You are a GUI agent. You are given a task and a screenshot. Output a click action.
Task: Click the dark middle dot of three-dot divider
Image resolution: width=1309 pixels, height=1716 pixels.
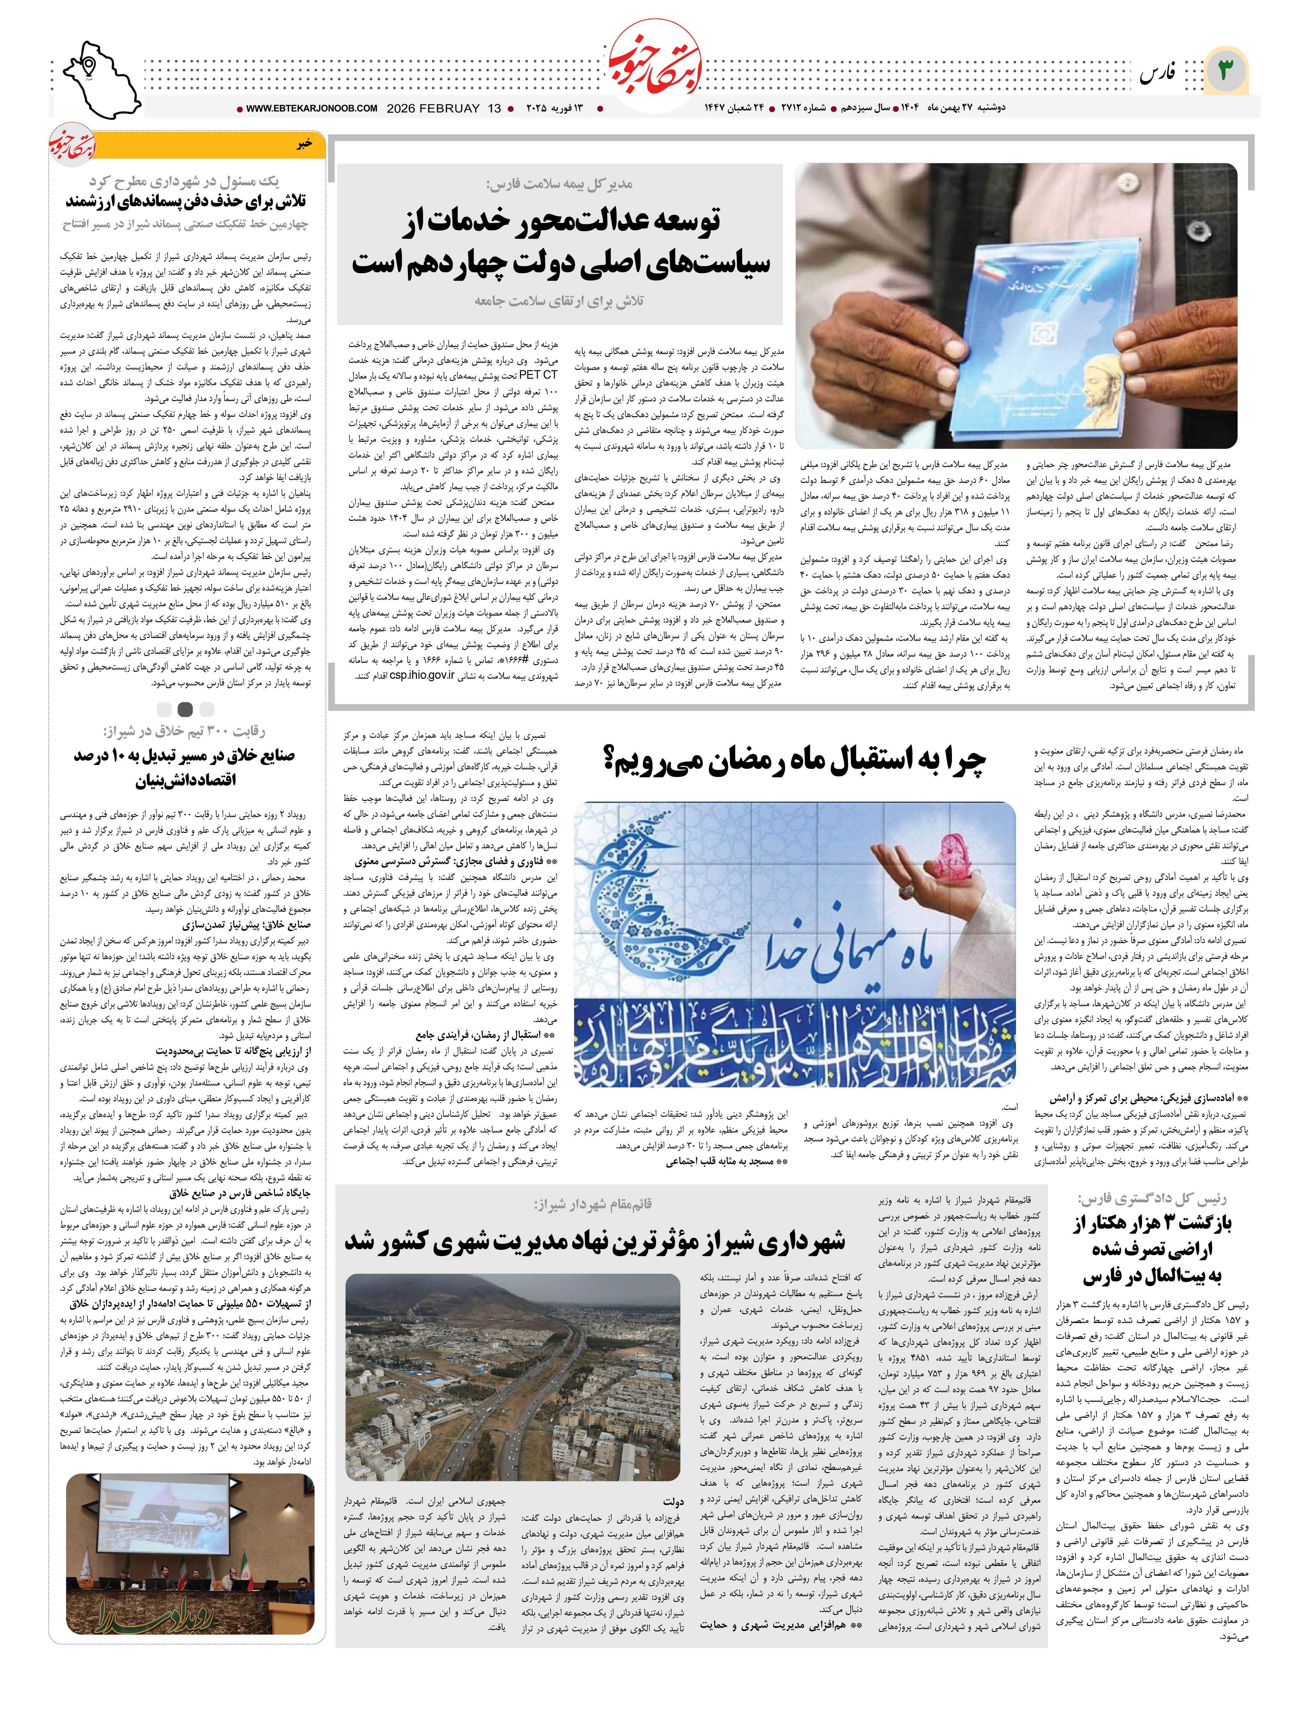pos(185,709)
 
